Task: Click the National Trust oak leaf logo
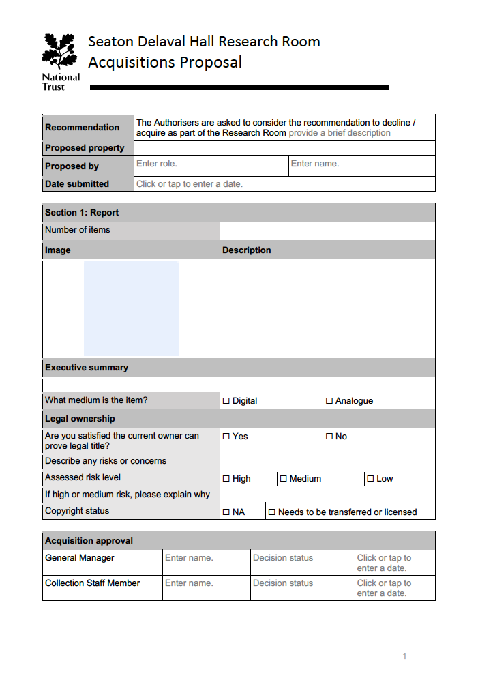tap(61, 53)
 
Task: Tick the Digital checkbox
tap(226, 401)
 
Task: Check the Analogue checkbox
tap(329, 401)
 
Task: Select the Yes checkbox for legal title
tap(226, 436)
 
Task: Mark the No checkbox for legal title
tap(329, 436)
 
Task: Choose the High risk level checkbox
tap(226, 479)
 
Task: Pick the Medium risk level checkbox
tap(284, 479)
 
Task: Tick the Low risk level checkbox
tap(370, 479)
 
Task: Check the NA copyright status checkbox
tap(226, 512)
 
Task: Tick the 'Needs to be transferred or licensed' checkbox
tap(271, 512)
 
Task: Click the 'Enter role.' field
tap(157, 164)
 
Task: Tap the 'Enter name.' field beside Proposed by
tap(315, 164)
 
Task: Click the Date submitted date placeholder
tap(190, 184)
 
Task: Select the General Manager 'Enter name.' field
tap(189, 558)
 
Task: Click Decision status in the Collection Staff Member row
tap(283, 583)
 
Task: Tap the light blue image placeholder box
tap(131, 308)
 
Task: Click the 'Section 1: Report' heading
tap(82, 213)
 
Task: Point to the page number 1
tap(404, 656)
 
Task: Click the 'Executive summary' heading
tap(87, 368)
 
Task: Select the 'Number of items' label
tap(77, 230)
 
